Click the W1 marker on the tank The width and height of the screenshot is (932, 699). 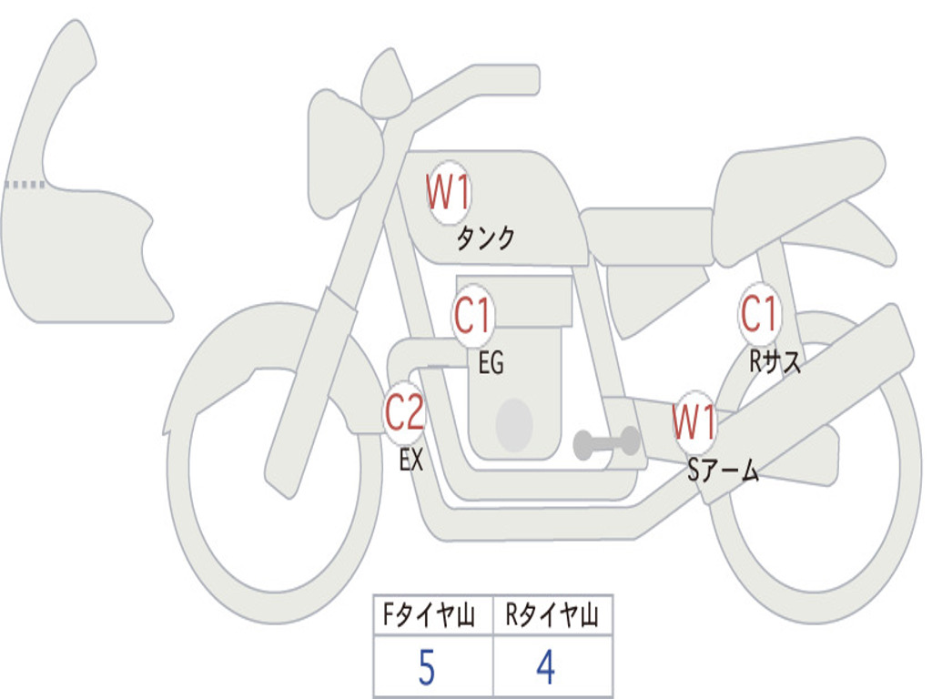(448, 192)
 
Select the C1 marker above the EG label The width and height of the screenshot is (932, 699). (472, 317)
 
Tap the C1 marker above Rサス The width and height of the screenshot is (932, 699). (759, 315)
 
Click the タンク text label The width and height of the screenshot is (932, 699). (485, 238)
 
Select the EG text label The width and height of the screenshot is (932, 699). (491, 364)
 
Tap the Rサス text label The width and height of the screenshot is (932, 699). (775, 362)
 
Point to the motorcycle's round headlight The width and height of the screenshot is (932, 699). (341, 150)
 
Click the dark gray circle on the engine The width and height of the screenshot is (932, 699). (514, 425)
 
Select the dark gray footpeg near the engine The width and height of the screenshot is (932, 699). (606, 443)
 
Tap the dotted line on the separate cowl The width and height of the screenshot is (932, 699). (25, 185)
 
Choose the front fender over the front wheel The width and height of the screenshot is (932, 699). (264, 350)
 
